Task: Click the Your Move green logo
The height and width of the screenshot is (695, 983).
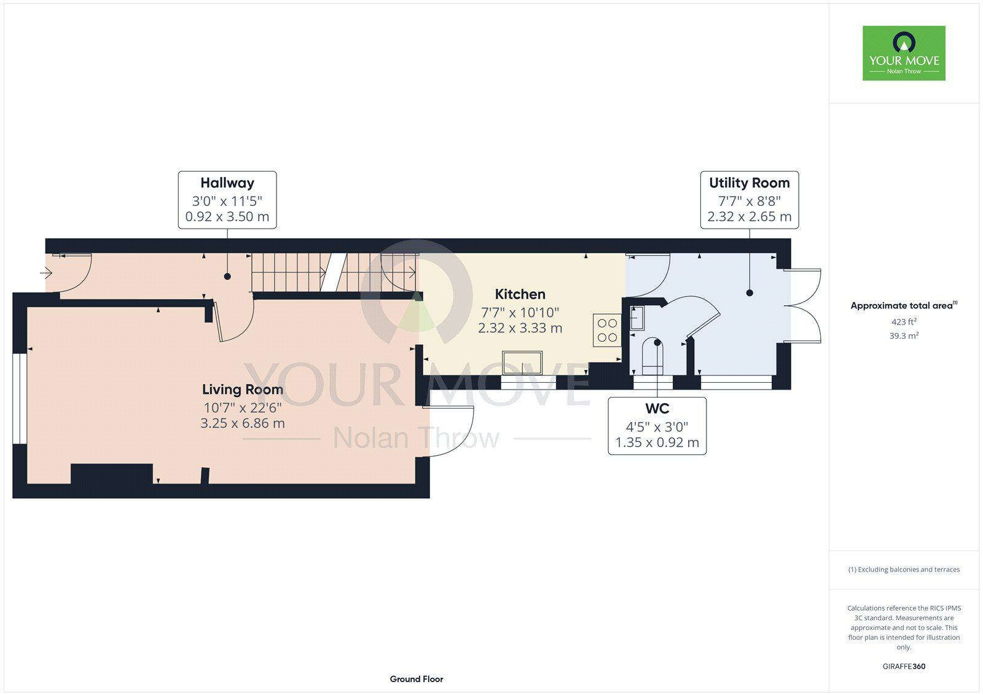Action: click(904, 53)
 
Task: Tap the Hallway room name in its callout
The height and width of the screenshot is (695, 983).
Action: click(227, 183)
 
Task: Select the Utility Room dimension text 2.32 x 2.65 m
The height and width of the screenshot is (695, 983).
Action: click(749, 216)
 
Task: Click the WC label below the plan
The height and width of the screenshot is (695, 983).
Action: click(657, 408)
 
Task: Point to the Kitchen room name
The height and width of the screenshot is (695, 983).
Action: click(520, 294)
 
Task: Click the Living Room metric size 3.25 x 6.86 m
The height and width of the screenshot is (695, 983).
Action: click(243, 423)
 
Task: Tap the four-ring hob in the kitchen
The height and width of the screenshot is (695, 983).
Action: click(608, 330)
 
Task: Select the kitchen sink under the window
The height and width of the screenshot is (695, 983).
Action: click(522, 363)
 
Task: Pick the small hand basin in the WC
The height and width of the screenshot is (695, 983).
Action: click(637, 318)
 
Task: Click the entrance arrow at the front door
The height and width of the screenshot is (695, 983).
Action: click(47, 273)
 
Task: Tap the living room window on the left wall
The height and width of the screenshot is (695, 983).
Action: click(20, 399)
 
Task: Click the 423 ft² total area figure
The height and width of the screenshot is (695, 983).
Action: click(904, 321)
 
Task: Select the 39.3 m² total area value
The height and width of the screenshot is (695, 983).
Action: click(904, 336)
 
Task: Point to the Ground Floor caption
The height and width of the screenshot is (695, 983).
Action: click(417, 679)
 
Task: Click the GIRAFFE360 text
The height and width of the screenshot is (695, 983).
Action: click(904, 666)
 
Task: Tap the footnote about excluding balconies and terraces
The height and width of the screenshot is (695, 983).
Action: click(904, 570)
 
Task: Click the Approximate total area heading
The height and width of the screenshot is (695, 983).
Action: click(904, 305)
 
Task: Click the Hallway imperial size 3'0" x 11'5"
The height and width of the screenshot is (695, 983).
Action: click(227, 201)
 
